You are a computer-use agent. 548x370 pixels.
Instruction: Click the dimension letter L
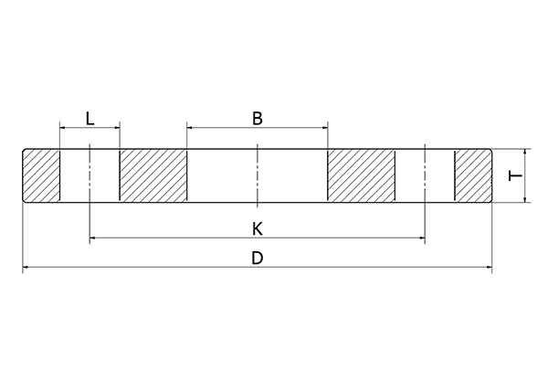point(89,118)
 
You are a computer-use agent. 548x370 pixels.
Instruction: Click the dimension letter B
point(258,118)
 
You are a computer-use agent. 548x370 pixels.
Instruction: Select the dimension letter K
point(258,227)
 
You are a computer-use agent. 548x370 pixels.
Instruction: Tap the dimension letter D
point(258,259)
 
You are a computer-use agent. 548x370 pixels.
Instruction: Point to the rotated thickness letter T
point(515,174)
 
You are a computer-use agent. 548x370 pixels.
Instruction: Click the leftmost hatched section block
point(41,174)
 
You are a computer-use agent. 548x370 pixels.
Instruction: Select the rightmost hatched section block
point(473,174)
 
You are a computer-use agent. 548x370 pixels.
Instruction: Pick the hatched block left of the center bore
point(153,174)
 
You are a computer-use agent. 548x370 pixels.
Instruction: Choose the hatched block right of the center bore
point(362,174)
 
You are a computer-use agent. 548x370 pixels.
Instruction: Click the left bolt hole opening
point(90,174)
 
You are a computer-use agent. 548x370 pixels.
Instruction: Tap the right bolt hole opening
point(426,174)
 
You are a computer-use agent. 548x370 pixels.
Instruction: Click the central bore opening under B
point(258,174)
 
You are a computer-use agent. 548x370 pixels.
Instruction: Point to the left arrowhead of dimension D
point(26,268)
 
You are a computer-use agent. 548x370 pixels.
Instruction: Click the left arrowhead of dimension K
point(93,238)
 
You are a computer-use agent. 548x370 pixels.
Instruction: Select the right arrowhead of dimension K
point(422,238)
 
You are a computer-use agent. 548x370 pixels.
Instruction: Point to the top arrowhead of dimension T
point(525,153)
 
